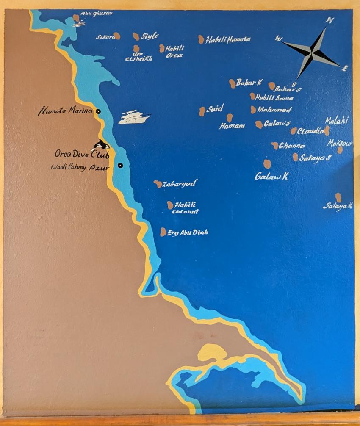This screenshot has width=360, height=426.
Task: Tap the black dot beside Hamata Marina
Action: [98, 111]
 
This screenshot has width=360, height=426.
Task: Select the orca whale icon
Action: [101, 145]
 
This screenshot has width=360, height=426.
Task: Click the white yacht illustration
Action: [134, 117]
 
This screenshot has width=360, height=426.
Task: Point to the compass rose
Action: [312, 53]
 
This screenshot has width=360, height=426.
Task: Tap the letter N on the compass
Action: [329, 20]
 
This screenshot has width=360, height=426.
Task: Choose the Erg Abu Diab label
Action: [188, 232]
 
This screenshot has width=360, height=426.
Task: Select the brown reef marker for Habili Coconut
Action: [170, 205]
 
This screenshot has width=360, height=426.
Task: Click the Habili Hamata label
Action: [228, 40]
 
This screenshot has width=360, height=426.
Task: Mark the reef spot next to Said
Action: [202, 111]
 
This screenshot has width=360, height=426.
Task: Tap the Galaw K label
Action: [271, 176]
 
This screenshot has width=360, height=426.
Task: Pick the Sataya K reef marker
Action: [338, 197]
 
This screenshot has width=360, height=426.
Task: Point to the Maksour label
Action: [339, 144]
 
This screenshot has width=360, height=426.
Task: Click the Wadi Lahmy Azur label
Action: [80, 168]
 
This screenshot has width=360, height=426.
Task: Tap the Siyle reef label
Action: [150, 36]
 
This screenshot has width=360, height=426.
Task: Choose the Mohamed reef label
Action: [274, 110]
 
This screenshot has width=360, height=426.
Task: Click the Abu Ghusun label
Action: [96, 14]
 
